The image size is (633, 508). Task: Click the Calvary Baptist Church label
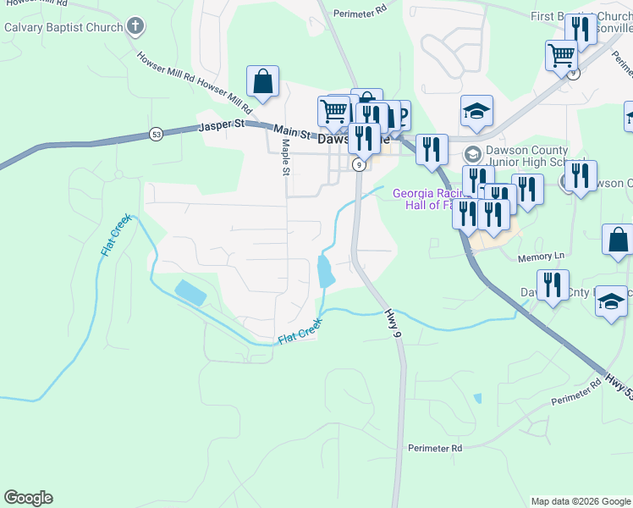(x=63, y=27)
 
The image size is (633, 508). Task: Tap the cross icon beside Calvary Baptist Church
(x=135, y=27)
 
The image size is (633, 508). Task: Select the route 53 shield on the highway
(x=156, y=134)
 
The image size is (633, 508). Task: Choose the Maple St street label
(x=286, y=158)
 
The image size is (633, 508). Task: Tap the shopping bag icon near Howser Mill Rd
(x=263, y=82)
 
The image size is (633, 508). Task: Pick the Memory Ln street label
(x=541, y=255)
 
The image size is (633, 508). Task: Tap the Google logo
(x=28, y=498)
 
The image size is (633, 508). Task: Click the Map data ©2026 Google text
(x=580, y=501)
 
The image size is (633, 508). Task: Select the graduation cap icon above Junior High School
(x=476, y=111)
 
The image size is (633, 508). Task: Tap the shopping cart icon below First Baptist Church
(x=561, y=57)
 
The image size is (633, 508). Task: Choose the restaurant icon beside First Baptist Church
(x=581, y=30)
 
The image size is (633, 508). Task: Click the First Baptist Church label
(x=576, y=16)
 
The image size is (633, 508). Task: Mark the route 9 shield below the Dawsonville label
(x=360, y=165)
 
